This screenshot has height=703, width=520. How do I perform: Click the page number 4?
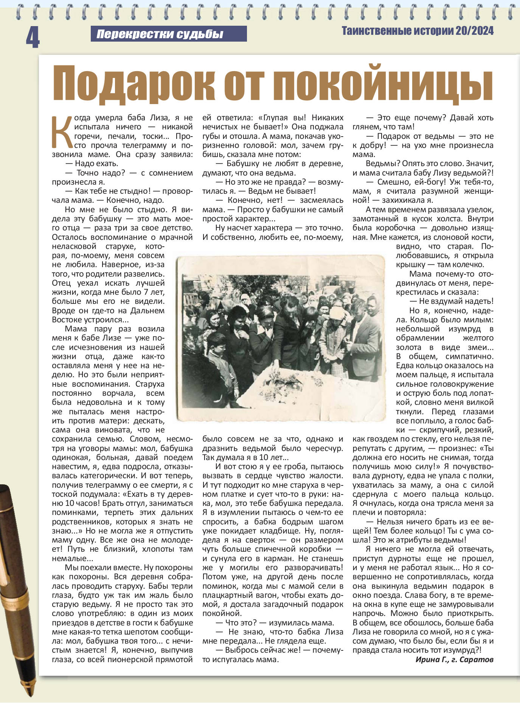pyautogui.click(x=33, y=37)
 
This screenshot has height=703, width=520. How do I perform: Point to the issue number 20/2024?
pyautogui.click(x=475, y=31)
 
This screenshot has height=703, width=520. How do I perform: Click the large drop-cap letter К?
pyautogui.click(x=62, y=132)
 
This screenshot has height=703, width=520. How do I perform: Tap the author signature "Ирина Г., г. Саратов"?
pyautogui.click(x=454, y=659)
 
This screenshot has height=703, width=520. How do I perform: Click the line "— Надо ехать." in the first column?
pyautogui.click(x=92, y=164)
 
